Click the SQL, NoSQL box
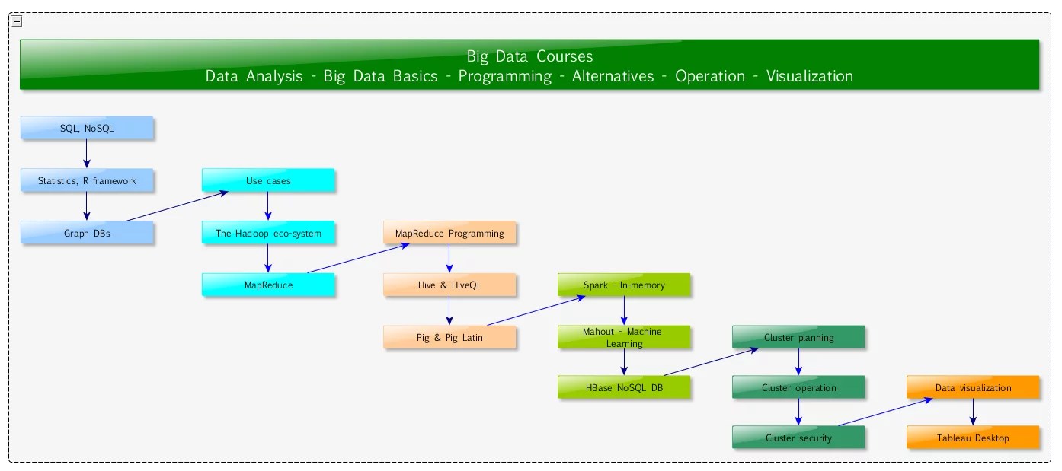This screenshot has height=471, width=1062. tap(87, 129)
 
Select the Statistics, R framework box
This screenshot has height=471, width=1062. tap(87, 180)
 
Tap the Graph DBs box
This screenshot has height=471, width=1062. tap(87, 233)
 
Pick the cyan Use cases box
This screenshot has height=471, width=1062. tap(268, 180)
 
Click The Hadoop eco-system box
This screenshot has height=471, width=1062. tap(268, 233)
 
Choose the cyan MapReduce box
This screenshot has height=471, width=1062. tap(268, 285)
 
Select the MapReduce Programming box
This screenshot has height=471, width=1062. tap(449, 233)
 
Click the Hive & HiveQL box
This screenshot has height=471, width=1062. tap(449, 285)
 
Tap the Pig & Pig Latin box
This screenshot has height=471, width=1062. tap(449, 337)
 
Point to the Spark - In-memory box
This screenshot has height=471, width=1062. tap(624, 285)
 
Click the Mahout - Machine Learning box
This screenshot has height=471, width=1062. tap(624, 337)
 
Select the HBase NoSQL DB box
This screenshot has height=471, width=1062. tap(624, 387)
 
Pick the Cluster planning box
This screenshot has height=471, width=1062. tap(798, 337)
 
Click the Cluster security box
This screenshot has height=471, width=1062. tap(798, 438)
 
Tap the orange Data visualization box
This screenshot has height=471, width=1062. tap(973, 387)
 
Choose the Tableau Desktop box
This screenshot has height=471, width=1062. tap(973, 438)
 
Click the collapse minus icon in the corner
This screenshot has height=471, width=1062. tap(17, 21)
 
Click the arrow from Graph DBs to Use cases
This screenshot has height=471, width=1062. tap(178, 206)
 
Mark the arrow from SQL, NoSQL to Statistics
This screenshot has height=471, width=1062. tap(87, 154)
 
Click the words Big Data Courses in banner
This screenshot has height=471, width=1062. tap(529, 56)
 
